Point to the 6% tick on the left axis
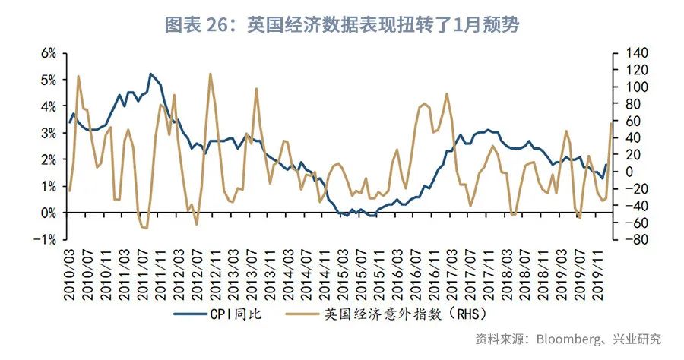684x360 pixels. tap(48, 53)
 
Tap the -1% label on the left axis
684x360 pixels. tap(46, 239)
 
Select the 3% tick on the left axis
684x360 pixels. tap(48, 133)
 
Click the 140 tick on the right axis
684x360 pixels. tap(636, 53)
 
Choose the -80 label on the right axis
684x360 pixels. tap(635, 239)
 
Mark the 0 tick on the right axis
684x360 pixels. tap(629, 172)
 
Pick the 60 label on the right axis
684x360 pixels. tap(632, 121)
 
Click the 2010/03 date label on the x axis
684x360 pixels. tap(70, 274)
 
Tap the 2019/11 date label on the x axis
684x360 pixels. tap(596, 274)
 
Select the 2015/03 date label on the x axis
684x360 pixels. tap(342, 274)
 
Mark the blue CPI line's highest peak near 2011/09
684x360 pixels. tap(151, 74)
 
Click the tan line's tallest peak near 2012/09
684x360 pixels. tap(210, 74)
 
